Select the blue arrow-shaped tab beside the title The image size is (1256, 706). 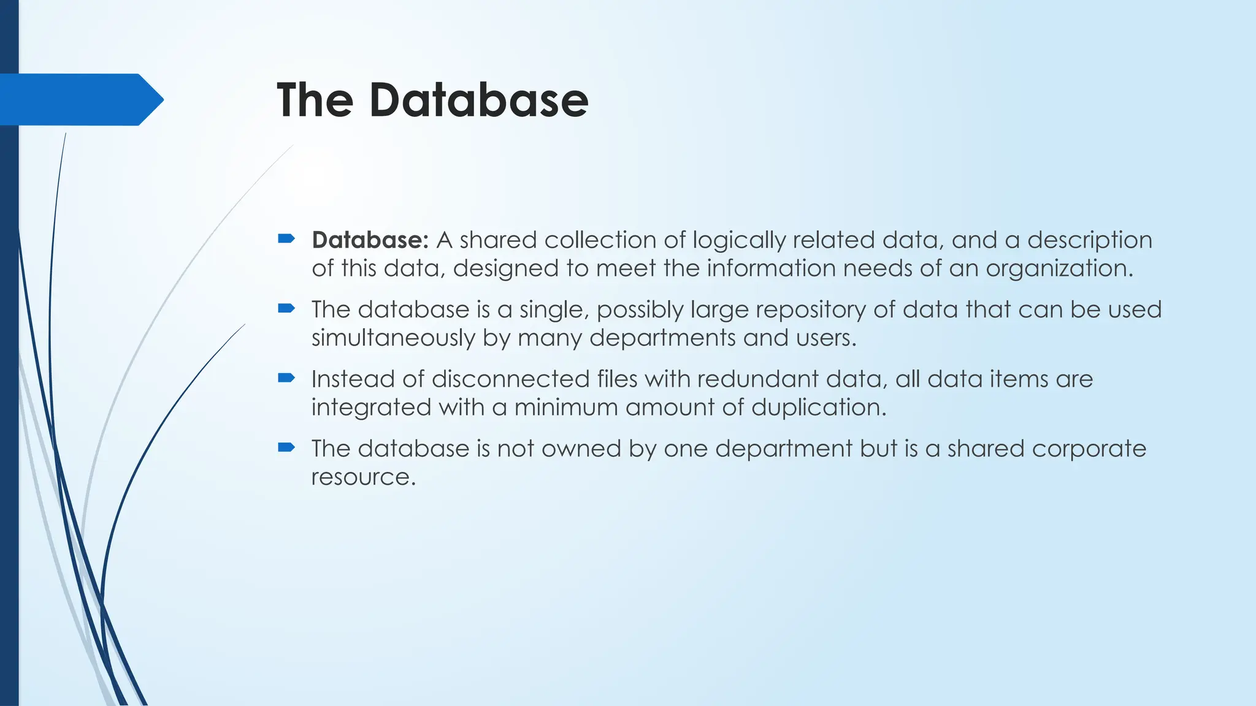80,99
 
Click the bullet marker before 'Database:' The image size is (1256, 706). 286,238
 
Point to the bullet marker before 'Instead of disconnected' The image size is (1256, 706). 286,378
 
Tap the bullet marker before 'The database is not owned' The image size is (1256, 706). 286,447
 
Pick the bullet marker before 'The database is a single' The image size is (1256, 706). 286,308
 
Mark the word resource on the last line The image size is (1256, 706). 363,477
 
